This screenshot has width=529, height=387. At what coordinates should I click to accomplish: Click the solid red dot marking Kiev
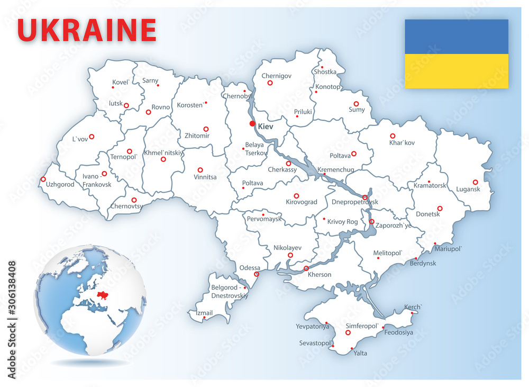point(252,124)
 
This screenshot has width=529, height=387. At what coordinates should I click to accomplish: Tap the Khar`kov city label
point(402,143)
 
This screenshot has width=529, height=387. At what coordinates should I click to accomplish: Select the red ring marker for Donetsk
point(440,208)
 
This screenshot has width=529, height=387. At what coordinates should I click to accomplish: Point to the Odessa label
point(250,267)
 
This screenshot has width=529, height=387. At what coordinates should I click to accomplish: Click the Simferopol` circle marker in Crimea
point(348,332)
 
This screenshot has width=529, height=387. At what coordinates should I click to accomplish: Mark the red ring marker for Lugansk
point(475,181)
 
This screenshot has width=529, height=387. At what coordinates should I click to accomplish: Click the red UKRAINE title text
point(87,30)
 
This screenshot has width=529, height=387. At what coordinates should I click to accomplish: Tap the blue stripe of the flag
point(456,37)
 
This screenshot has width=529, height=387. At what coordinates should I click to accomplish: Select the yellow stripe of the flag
point(456,71)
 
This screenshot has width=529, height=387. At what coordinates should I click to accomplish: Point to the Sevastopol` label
point(315,343)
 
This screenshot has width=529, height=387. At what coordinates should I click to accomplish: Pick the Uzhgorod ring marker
point(43,179)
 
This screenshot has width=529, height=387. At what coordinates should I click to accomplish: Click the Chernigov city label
point(277,76)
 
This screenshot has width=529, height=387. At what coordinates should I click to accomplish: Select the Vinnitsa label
point(205,177)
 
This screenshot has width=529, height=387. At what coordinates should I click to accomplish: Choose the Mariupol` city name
point(448,249)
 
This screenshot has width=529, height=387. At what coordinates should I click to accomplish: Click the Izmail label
point(204,313)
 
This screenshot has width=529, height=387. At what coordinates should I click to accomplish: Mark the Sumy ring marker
point(356,104)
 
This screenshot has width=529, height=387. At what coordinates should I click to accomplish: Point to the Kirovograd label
point(302,202)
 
